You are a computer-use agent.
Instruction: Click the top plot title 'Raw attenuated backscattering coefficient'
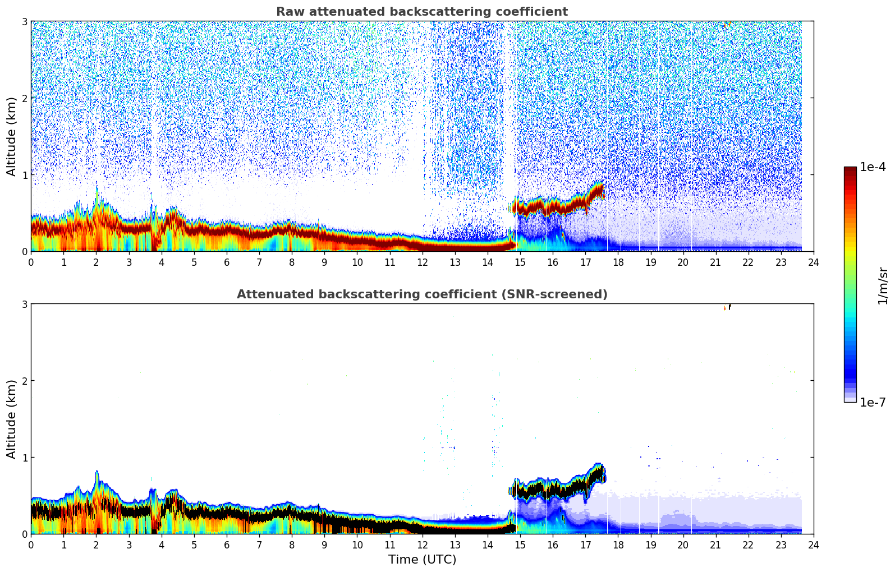coord(421,12)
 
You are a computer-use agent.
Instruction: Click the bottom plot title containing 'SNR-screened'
coord(421,294)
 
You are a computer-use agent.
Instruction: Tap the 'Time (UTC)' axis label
coord(422,559)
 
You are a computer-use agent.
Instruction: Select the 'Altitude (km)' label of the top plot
coord(12,136)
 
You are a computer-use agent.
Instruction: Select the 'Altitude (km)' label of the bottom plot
coord(12,419)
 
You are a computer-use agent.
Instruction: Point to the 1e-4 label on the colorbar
coord(873,167)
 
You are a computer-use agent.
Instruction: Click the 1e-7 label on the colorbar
coord(873,402)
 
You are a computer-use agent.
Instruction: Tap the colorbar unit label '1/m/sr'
coord(883,286)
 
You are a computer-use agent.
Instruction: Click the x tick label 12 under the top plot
coord(422,262)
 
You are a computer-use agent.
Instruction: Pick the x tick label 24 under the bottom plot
coord(813,545)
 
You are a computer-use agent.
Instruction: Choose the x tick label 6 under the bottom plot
coord(227,545)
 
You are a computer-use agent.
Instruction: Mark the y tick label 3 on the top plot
coord(24,21)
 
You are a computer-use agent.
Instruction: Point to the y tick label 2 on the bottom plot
coord(24,381)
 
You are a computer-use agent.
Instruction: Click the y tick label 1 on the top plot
coord(24,175)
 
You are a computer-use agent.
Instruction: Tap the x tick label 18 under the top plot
coord(618,262)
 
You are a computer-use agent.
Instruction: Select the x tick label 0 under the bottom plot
coord(31,545)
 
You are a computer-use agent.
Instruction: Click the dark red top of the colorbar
coord(850,169)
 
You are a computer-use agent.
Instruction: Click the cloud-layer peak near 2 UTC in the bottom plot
coord(97,473)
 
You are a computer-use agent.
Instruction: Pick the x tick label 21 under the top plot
coord(715,262)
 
